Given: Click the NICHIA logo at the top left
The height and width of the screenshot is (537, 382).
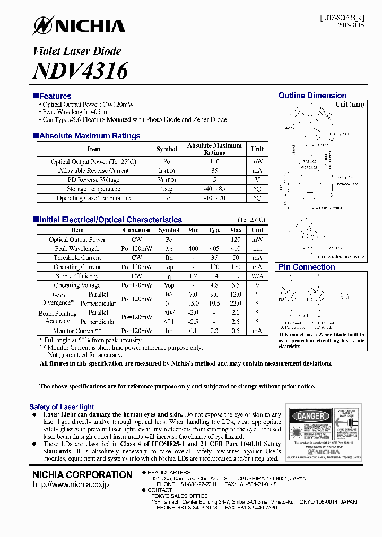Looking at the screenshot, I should point(79,25).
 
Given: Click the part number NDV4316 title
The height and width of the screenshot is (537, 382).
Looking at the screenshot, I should point(80,71).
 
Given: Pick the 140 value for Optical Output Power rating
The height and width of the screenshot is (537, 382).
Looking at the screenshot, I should point(214,162).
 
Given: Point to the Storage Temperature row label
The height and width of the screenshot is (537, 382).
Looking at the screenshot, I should point(93,189).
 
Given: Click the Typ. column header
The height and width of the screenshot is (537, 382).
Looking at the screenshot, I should point(214,230).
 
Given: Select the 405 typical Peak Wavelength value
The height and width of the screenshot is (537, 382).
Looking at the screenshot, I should point(214,248).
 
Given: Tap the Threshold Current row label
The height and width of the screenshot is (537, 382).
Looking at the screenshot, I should point(77,258).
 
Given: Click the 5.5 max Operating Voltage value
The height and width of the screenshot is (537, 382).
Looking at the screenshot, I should point(236,285).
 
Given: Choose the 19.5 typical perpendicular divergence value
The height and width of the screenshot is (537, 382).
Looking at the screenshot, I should point(214,304).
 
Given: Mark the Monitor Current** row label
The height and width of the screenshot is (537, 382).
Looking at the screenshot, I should point(77,331).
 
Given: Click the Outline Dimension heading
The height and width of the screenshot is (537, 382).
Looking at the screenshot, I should point(312,96).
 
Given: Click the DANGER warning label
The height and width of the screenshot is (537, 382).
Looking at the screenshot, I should point(309,416).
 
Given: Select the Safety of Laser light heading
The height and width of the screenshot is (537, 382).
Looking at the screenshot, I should point(62,406).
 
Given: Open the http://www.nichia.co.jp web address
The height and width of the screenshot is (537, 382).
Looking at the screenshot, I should point(71,485).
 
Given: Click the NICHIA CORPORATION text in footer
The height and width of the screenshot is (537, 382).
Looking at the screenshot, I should point(82,474).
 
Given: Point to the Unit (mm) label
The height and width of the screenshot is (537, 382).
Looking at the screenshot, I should point(350,105).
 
